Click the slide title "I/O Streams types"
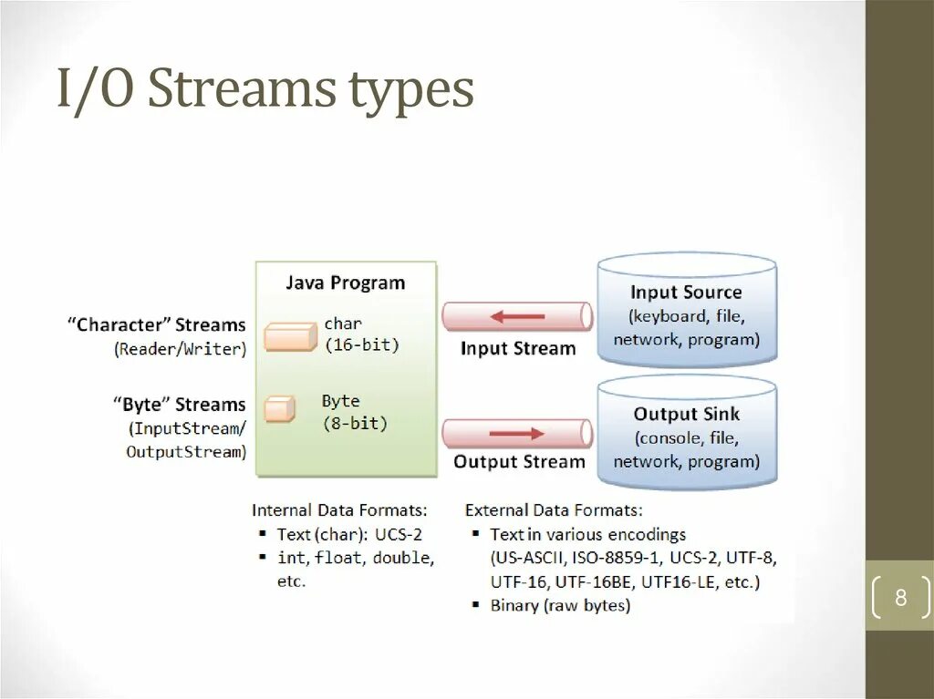[265, 90]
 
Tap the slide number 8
[900, 599]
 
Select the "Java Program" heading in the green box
[345, 283]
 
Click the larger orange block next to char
[290, 336]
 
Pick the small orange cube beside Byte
[280, 409]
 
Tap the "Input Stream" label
[518, 348]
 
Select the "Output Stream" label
[519, 462]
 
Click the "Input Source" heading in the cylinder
[686, 293]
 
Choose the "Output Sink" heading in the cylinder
[686, 414]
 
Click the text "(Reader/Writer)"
[181, 349]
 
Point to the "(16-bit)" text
[362, 345]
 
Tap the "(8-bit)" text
[354, 423]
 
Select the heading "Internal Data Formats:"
[339, 510]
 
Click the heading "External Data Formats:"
[554, 510]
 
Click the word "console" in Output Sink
[669, 437]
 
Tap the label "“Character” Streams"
[156, 325]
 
